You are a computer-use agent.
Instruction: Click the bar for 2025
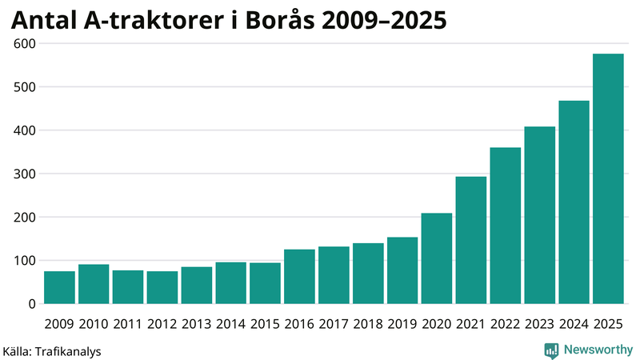[608, 179]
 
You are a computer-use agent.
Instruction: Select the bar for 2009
[59, 288]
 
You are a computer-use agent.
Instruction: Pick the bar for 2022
[506, 226]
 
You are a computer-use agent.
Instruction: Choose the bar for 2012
[162, 288]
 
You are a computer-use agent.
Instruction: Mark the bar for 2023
[540, 215]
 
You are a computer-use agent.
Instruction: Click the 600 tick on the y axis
[24, 43]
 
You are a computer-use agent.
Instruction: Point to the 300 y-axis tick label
[24, 174]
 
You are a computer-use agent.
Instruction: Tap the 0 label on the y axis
[32, 304]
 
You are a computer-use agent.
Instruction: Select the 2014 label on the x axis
[230, 323]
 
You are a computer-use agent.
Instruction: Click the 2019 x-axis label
[402, 323]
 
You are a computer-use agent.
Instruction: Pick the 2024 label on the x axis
[574, 323]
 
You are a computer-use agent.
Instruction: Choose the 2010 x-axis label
[94, 323]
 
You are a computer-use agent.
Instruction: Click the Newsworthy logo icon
[551, 350]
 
